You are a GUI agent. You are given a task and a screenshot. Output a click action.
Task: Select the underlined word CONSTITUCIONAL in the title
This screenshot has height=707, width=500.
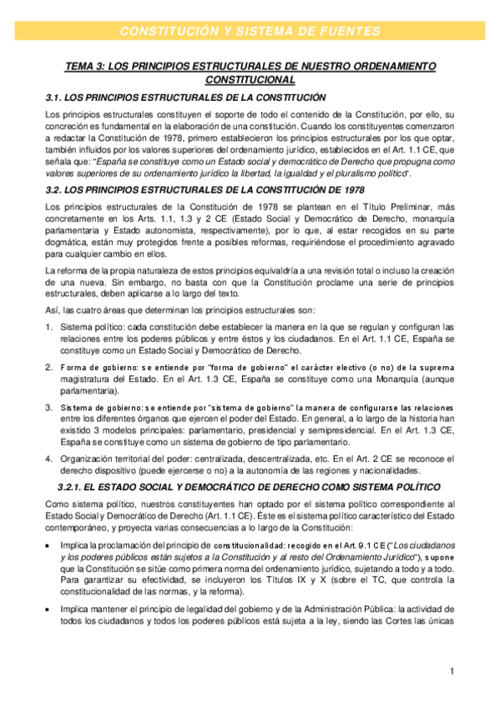click(x=250, y=80)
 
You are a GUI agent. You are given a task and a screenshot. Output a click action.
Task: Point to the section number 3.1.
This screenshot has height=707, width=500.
click(x=54, y=98)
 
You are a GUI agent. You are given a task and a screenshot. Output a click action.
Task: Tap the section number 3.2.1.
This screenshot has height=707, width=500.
click(x=73, y=486)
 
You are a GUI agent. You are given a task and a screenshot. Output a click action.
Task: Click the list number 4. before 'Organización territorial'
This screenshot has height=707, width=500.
click(x=49, y=458)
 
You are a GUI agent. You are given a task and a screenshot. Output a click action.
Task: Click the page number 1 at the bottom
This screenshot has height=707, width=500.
click(x=451, y=671)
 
